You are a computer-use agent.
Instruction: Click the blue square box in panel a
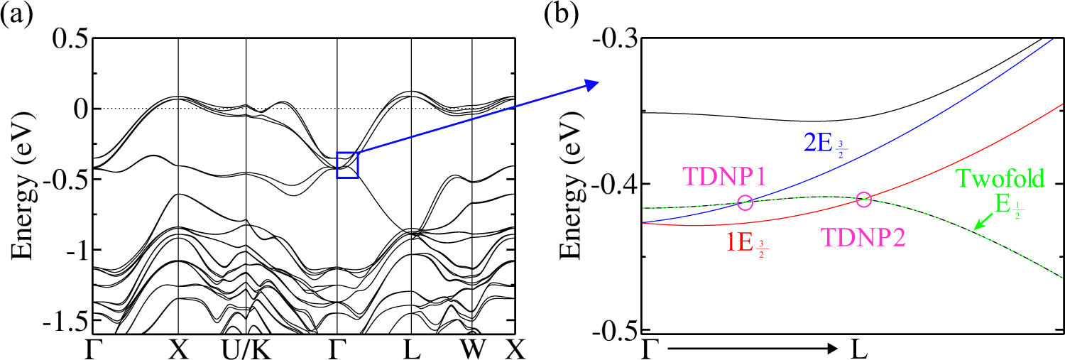pyautogui.click(x=348, y=165)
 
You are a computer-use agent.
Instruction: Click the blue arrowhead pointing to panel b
pyautogui.click(x=592, y=85)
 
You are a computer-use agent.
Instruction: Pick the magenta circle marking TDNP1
pyautogui.click(x=745, y=202)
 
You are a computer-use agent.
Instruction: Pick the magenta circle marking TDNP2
pyautogui.click(x=863, y=200)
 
